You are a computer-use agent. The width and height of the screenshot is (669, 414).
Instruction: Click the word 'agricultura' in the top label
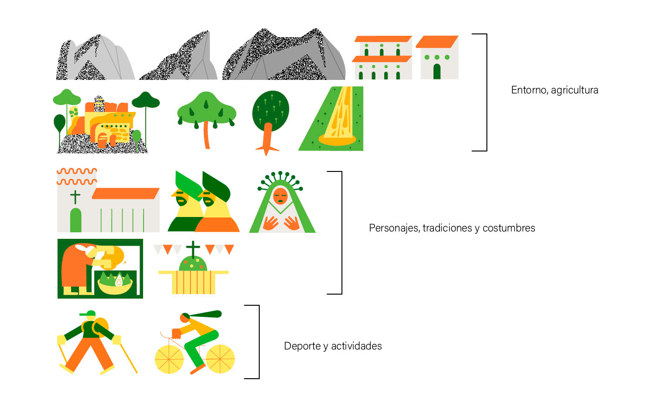[574, 90]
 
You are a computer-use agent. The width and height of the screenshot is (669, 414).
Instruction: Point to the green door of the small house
[437, 72]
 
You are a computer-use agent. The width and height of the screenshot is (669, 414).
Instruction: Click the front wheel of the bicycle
[169, 359]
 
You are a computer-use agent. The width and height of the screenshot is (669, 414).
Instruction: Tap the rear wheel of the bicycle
[220, 359]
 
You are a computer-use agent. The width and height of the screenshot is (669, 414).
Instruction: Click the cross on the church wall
[75, 197]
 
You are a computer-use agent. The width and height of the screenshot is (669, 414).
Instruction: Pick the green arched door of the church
[75, 220]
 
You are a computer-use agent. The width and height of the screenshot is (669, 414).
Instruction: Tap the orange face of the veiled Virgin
[280, 196]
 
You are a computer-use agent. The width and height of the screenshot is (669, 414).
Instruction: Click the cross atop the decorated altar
[193, 249]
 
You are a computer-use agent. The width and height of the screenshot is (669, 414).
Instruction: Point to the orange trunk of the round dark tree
[267, 138]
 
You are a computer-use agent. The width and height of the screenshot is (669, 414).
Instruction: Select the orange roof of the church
[125, 193]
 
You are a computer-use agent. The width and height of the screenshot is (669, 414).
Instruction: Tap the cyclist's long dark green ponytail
[204, 315]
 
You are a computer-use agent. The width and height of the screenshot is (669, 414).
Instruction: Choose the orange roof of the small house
[437, 42]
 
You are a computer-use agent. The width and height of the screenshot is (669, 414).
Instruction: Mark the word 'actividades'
[356, 346]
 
